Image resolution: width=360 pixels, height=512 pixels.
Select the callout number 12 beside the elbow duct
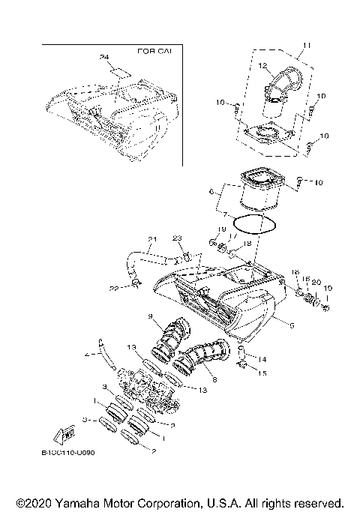pos(263,67)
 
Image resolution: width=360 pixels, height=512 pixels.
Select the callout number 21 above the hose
pos(151,240)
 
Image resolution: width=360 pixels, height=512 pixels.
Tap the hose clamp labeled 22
pos(136,283)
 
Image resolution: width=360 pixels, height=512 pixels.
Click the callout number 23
pos(178,238)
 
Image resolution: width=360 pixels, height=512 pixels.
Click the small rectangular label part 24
pos(119,74)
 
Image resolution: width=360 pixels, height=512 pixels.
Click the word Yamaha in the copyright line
pos(76,502)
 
